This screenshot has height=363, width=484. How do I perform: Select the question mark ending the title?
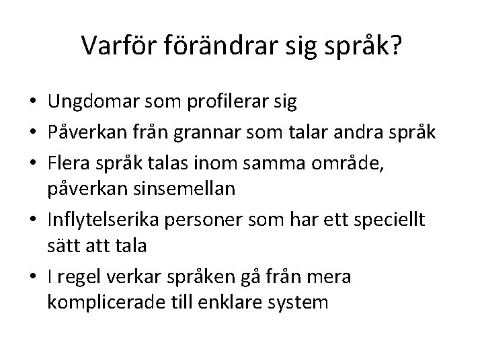[394, 45]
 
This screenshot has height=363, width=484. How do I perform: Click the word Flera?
[67, 162]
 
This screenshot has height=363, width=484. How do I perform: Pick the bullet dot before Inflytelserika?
[32, 219]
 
